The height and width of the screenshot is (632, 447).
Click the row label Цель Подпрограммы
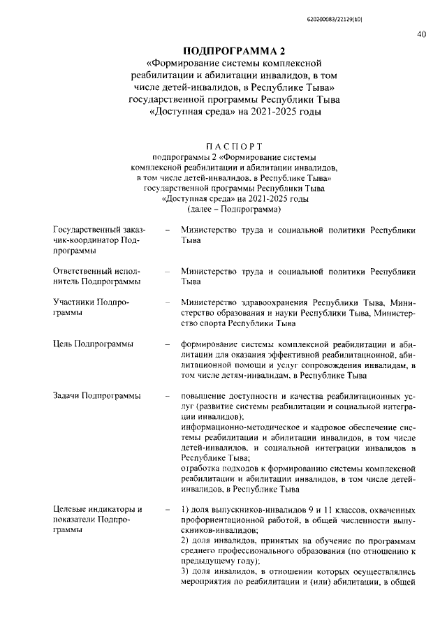(x=94, y=344)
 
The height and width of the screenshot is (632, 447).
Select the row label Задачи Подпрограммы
(x=97, y=396)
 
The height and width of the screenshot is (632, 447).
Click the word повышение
(x=204, y=396)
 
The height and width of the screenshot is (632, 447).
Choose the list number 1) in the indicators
(x=184, y=508)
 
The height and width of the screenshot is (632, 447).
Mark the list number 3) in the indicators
(x=184, y=571)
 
